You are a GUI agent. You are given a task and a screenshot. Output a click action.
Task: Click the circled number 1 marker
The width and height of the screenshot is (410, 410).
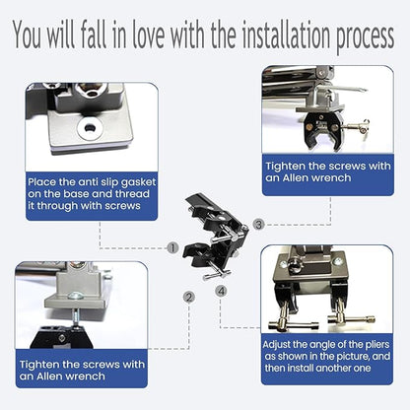172,248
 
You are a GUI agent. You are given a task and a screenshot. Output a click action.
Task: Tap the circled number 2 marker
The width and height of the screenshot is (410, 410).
189,298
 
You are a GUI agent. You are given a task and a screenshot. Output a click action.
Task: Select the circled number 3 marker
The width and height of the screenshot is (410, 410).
259,225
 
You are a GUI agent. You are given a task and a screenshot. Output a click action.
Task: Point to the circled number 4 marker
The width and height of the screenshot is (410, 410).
222,291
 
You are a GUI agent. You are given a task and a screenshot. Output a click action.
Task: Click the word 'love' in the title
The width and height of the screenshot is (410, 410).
148,34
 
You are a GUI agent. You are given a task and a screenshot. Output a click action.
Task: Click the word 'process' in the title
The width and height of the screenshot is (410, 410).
365,37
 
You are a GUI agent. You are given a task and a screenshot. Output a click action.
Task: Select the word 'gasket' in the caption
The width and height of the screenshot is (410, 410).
139,183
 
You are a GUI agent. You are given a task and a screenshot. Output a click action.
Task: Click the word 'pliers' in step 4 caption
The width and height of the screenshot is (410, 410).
377,345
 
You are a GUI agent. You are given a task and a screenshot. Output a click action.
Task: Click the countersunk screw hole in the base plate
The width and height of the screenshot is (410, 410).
89,127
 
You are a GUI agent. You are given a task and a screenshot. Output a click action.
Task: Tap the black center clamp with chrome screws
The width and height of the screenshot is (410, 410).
215,238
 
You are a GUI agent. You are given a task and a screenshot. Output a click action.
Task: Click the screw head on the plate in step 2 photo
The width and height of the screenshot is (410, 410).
74,297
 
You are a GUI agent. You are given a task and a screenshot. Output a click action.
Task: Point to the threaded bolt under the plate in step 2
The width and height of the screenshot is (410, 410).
75,316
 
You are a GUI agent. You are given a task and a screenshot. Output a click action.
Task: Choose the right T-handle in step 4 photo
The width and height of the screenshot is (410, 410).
351,318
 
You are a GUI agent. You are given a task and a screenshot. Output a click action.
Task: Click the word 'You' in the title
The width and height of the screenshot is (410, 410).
28,34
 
